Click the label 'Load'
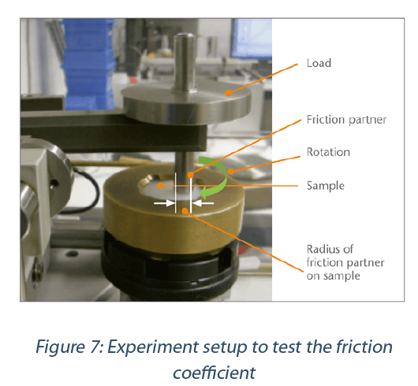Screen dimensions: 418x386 pyautogui.click(x=319, y=63)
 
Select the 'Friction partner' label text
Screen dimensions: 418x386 pyautogui.click(x=346, y=120)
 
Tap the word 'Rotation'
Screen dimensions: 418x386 pyautogui.click(x=328, y=152)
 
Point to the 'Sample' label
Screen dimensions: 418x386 pyautogui.click(x=326, y=186)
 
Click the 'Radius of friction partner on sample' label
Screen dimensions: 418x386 pyautogui.click(x=345, y=262)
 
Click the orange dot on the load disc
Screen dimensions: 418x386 pyautogui.click(x=229, y=93)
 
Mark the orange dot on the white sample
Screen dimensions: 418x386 pyautogui.click(x=160, y=186)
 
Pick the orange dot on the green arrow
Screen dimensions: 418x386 pyautogui.click(x=231, y=172)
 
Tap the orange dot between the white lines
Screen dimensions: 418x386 pyautogui.click(x=185, y=211)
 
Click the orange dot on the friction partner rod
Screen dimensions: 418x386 pyautogui.click(x=190, y=175)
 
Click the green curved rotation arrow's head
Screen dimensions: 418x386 pyautogui.click(x=204, y=192)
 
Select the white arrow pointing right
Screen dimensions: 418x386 pyautogui.click(x=164, y=203)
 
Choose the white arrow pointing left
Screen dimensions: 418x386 pyautogui.click(x=203, y=203)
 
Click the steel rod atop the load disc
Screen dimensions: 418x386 pyautogui.click(x=185, y=62)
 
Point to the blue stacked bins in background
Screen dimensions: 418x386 pyautogui.click(x=89, y=64)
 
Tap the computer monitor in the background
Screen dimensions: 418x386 pyautogui.click(x=252, y=39)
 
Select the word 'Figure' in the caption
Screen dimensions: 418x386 pyautogui.click(x=60, y=347)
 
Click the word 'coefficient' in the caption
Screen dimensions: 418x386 pyautogui.click(x=215, y=373)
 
